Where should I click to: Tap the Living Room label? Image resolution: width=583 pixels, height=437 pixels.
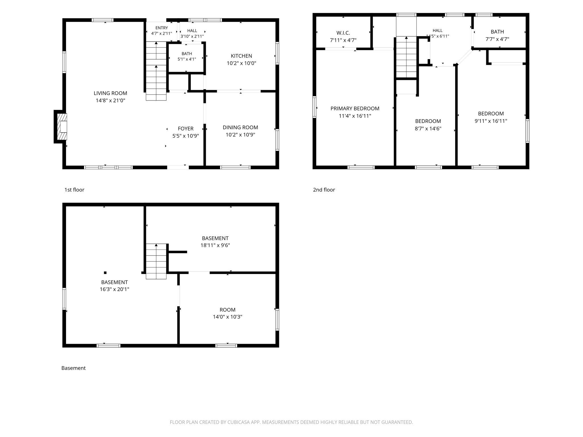click(x=110, y=93)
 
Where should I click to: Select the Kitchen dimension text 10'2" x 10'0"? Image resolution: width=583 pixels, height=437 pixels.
click(x=241, y=63)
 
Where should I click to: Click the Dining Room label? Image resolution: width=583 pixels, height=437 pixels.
click(x=240, y=127)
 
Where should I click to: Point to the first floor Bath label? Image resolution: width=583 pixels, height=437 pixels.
click(x=187, y=53)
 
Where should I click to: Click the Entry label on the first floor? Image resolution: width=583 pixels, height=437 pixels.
click(x=162, y=28)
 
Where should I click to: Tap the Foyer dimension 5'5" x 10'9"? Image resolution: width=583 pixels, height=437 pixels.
click(x=186, y=136)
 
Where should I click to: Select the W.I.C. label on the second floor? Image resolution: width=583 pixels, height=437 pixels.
click(x=343, y=33)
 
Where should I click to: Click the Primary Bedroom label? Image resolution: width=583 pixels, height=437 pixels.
click(x=355, y=108)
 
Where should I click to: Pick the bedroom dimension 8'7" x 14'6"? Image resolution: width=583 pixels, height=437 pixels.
click(x=428, y=129)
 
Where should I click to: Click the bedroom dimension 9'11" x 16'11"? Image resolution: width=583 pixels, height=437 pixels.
click(x=491, y=121)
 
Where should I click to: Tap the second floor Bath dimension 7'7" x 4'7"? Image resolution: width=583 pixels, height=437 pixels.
click(x=497, y=39)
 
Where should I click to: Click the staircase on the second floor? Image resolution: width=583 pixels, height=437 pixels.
click(x=407, y=57)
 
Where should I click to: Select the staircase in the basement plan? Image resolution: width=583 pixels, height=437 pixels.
click(x=156, y=261)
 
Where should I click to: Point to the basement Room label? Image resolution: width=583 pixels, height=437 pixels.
click(x=227, y=310)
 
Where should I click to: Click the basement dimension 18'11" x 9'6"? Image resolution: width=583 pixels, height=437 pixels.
click(x=215, y=245)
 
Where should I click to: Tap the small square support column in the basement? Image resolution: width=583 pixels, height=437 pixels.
click(x=105, y=273)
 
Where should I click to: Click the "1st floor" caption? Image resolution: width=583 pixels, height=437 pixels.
click(x=74, y=190)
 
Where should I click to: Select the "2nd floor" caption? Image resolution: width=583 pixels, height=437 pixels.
click(x=324, y=190)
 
